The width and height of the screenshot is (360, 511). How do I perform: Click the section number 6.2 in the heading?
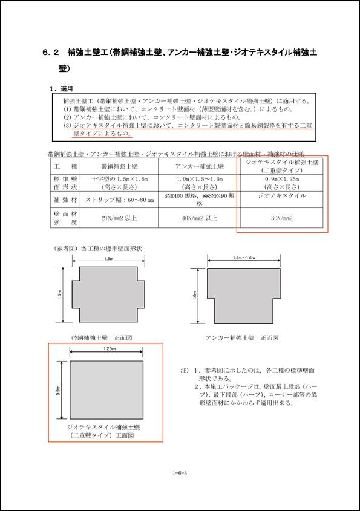pos(50,53)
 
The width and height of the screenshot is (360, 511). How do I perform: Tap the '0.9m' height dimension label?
pos(59,391)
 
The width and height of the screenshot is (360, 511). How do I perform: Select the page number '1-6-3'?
pos(180,466)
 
